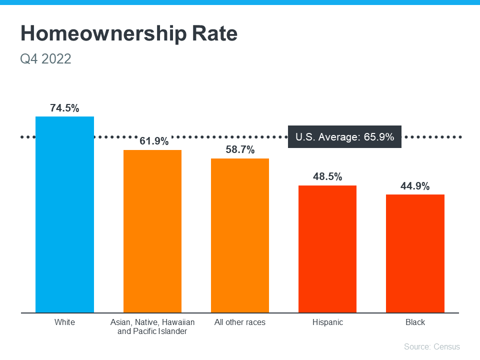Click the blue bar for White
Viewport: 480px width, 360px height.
[64, 214]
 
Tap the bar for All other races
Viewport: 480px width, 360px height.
[240, 235]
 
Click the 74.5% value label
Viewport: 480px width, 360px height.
[64, 108]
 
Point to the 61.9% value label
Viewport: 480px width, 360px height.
[154, 141]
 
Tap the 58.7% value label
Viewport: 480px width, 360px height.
[240, 150]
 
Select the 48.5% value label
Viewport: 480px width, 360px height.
[327, 177]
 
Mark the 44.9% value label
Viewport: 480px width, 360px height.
[415, 186]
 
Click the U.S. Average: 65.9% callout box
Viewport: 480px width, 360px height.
[345, 137]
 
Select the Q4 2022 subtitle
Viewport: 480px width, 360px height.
[45, 59]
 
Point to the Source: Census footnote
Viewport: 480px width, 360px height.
[431, 346]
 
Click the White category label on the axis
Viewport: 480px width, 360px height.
[64, 322]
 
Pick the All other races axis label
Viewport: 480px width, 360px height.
[240, 322]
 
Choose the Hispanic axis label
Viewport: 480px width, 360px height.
[327, 322]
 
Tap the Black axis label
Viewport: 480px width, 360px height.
[415, 322]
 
